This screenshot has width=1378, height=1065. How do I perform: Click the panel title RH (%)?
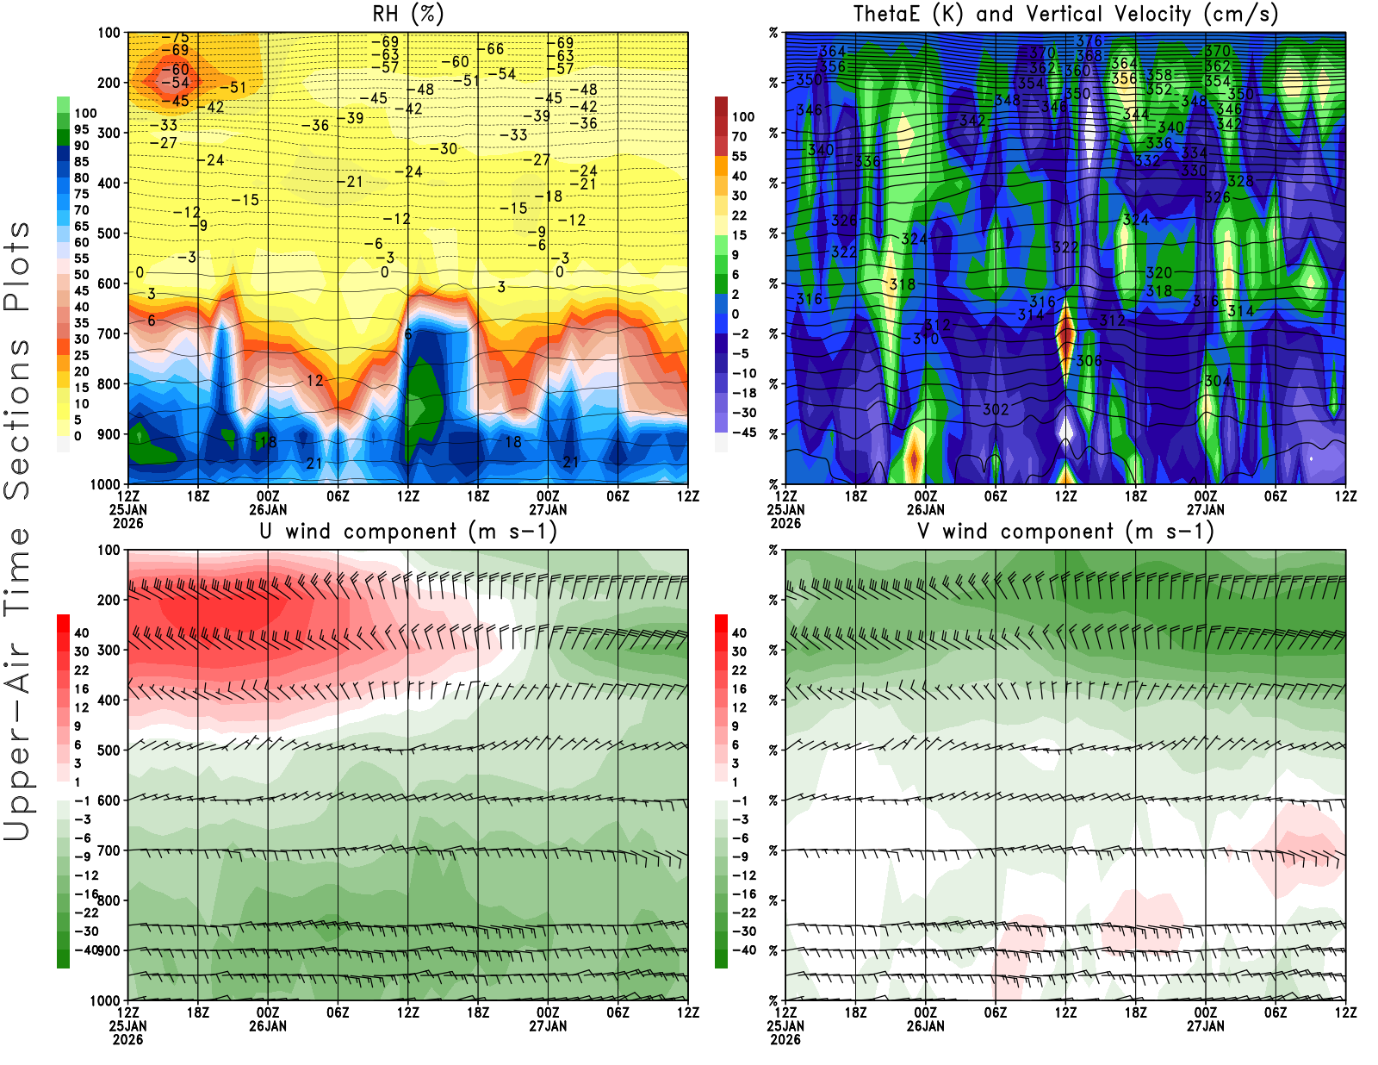(x=408, y=14)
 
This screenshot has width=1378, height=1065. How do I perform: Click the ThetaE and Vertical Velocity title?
(x=1065, y=14)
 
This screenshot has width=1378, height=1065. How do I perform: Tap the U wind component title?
(x=408, y=531)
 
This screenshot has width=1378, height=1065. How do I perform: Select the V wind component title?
(x=1065, y=531)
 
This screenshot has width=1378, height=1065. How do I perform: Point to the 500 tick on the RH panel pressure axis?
(x=109, y=234)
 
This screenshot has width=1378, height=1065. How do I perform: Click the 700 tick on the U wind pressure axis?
(x=109, y=850)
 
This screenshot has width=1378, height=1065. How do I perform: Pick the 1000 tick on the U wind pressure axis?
(x=106, y=1000)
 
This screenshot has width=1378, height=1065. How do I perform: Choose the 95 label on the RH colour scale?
(x=82, y=129)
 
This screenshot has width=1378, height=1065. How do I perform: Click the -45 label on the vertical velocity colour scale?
(x=743, y=433)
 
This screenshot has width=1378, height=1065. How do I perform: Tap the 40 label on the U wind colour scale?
(x=82, y=632)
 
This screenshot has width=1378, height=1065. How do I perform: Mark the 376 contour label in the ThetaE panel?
(x=1089, y=40)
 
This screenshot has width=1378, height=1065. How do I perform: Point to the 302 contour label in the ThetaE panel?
(x=996, y=409)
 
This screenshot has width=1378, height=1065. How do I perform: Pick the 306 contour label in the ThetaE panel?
(x=1089, y=361)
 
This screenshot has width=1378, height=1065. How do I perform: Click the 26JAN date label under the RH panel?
(x=268, y=509)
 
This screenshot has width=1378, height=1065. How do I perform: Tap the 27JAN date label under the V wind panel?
(x=1206, y=1026)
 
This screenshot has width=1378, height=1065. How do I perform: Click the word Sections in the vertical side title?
(x=17, y=419)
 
